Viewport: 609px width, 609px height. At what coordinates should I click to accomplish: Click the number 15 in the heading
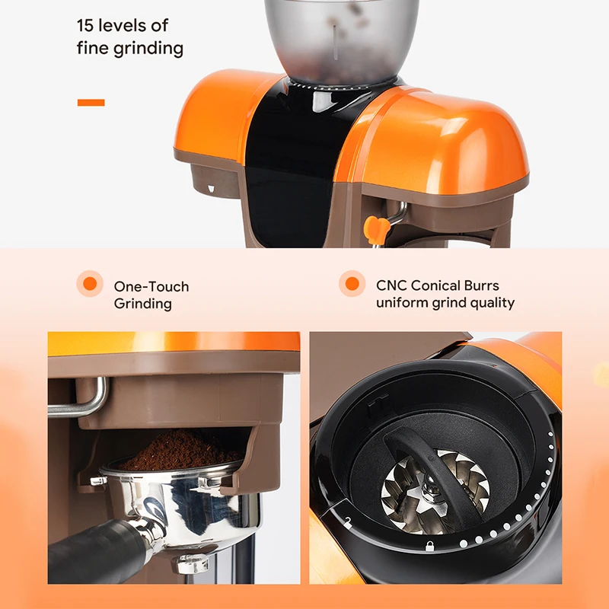[87, 24]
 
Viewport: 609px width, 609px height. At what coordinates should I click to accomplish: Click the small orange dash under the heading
[91, 102]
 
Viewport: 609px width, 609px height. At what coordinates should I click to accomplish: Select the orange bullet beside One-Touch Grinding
[90, 284]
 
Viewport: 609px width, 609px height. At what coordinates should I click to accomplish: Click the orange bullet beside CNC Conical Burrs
[352, 284]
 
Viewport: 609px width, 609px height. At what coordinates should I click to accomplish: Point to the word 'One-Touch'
[151, 287]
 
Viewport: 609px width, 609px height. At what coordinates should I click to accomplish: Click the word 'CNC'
[391, 286]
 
